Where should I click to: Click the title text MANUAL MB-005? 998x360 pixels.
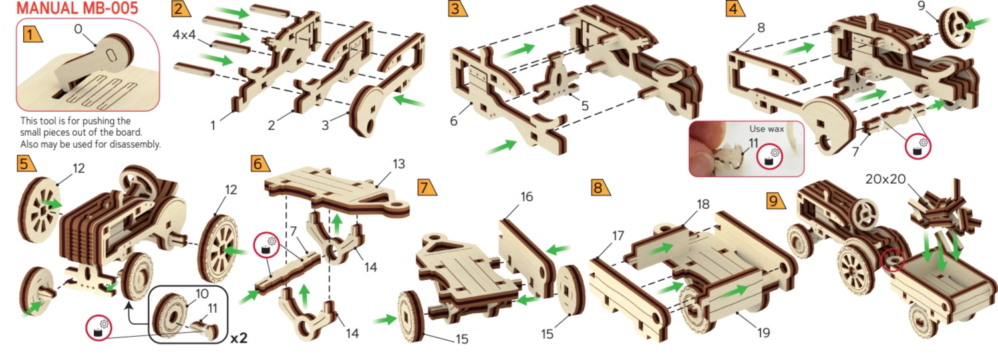tap(77, 9)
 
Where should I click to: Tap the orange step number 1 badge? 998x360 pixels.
tap(31, 34)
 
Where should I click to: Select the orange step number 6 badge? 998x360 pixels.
tap(259, 164)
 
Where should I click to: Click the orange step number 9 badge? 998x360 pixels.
tap(775, 200)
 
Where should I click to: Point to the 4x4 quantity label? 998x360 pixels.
tap(184, 35)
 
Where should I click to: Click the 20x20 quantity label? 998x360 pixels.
tap(886, 179)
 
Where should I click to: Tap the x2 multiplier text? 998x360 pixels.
tap(238, 338)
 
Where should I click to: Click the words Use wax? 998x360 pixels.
tap(766, 129)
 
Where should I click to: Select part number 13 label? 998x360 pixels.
tap(399, 164)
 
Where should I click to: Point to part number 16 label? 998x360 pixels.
tap(527, 196)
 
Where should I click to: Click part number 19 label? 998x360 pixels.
tap(763, 332)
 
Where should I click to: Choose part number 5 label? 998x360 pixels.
tap(585, 106)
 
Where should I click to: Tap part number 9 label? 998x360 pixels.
tap(921, 5)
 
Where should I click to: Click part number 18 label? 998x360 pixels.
tap(703, 204)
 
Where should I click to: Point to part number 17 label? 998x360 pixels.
tap(618, 236)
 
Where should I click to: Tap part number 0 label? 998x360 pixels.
tap(78, 29)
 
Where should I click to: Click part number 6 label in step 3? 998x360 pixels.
tap(454, 120)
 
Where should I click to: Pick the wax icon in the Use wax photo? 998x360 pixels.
tap(770, 157)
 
